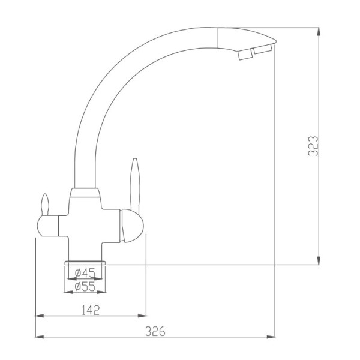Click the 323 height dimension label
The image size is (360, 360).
[313, 146]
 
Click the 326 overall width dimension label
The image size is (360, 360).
[155, 331]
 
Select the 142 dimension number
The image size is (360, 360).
[91, 310]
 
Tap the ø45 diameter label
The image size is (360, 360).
[85, 273]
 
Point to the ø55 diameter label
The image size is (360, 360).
[85, 286]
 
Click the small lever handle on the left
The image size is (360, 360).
[45, 205]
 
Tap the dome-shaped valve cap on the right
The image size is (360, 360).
[132, 226]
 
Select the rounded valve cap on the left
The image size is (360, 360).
[47, 226]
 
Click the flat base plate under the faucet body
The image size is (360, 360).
[85, 263]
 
